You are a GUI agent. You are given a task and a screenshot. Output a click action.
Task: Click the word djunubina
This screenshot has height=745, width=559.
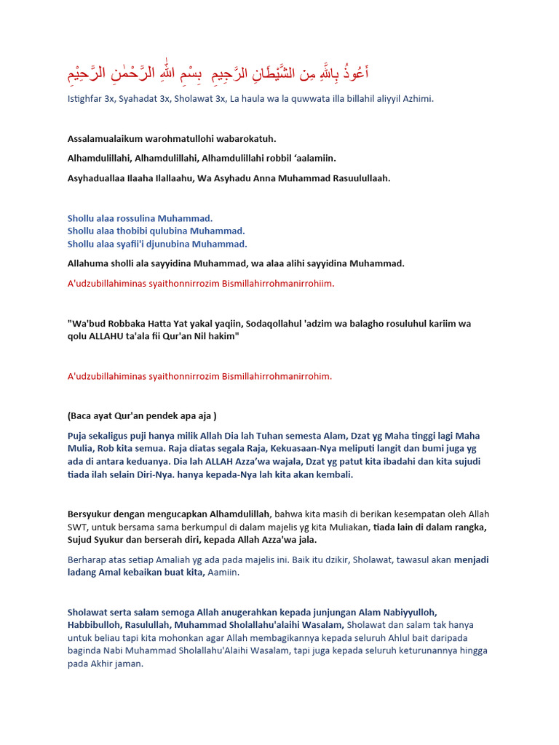[x=167, y=244]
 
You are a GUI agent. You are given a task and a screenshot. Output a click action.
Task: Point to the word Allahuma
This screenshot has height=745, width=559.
[x=88, y=263]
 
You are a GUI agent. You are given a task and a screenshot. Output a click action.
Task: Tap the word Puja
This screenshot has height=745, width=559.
[x=78, y=435]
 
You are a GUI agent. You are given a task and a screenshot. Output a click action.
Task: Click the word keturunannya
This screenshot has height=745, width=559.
[x=413, y=650]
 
